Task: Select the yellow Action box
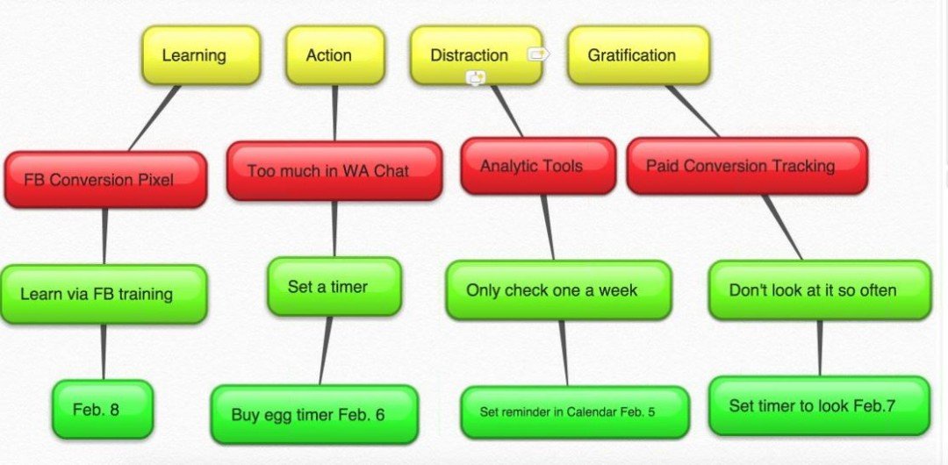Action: (334, 55)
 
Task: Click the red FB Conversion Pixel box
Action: (105, 180)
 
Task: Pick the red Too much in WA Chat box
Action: (334, 170)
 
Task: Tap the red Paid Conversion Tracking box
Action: (746, 165)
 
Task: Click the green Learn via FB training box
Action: (104, 294)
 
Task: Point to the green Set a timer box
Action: (334, 286)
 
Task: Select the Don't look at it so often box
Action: (819, 290)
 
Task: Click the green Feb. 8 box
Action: (102, 409)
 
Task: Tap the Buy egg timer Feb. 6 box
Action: (313, 414)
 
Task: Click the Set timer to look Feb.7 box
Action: (818, 405)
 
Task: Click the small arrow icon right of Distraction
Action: (538, 54)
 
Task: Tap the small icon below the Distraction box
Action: (476, 78)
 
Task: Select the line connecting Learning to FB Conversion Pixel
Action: (154, 118)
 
